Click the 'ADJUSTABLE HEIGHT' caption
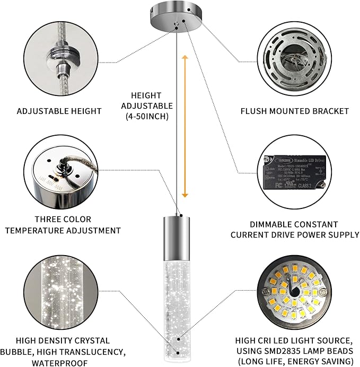(59, 111)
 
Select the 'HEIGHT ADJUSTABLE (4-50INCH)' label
(147, 106)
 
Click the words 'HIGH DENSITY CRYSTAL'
(63, 340)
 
